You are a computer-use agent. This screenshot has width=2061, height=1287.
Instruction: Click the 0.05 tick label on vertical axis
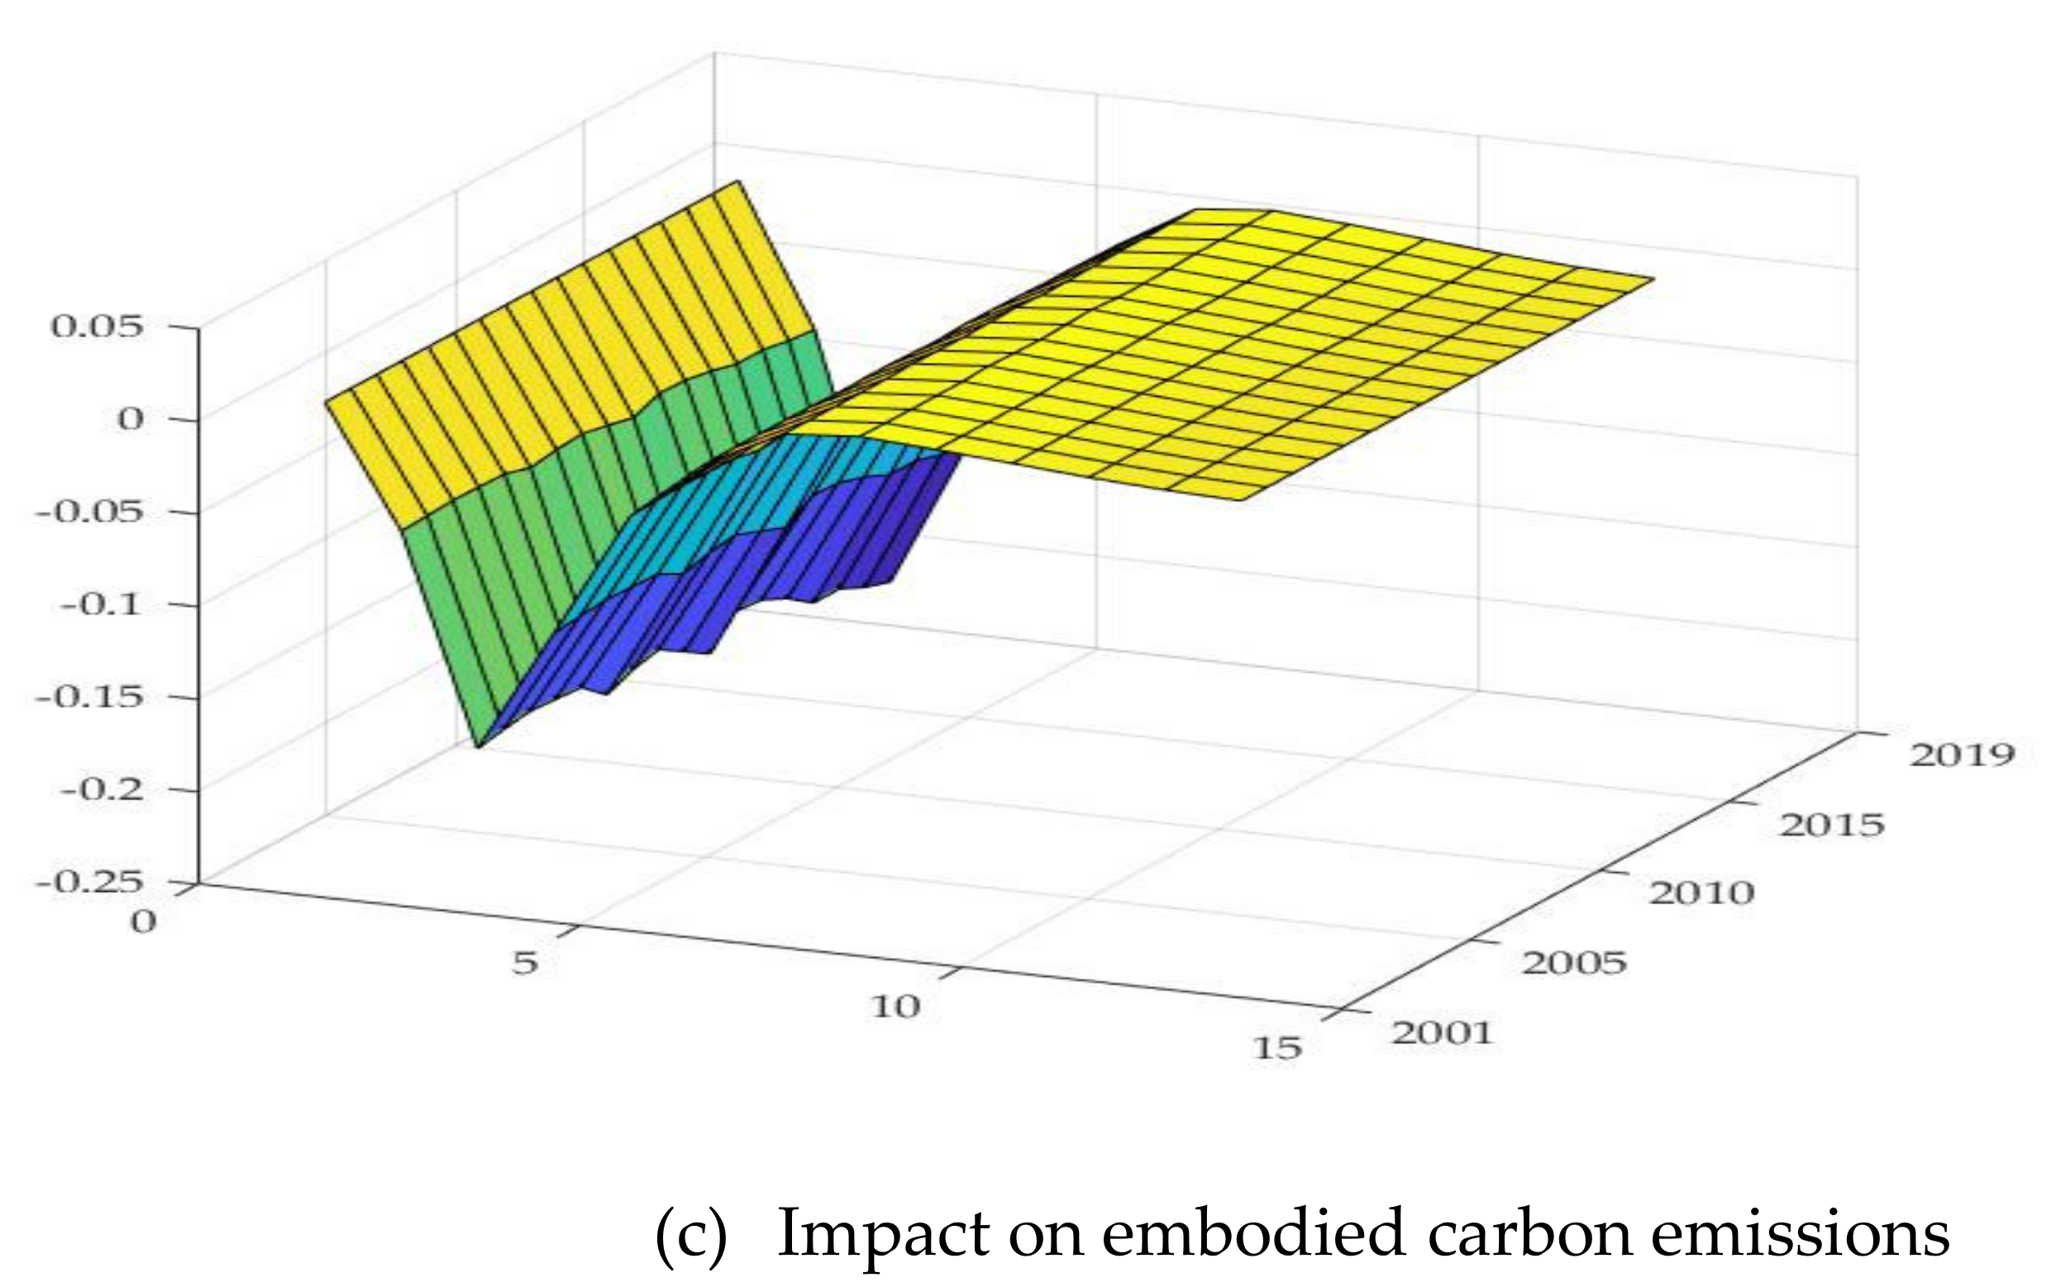[x=97, y=326]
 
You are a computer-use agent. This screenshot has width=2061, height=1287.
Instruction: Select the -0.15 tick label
[x=88, y=696]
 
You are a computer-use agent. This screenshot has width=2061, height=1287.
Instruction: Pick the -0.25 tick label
[x=88, y=882]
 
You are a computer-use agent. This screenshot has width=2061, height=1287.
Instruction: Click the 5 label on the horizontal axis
[x=525, y=963]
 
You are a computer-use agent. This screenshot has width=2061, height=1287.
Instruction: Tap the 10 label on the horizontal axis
[x=895, y=1007]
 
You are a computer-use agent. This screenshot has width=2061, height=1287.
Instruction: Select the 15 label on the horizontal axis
[x=1277, y=1048]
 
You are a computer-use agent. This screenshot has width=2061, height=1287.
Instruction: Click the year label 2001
[x=1442, y=1033]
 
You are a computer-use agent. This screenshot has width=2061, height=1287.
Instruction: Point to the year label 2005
[x=1573, y=963]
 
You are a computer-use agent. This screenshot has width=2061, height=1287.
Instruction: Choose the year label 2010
[x=1701, y=893]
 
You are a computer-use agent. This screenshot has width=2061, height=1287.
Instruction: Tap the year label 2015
[x=1831, y=825]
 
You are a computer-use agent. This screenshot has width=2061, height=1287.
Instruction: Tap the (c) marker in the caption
[x=691, y=1233]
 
